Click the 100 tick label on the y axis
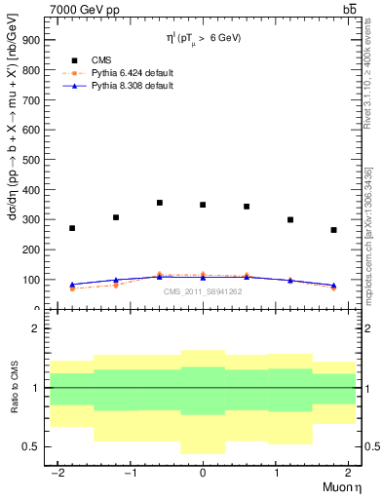pos(31,280)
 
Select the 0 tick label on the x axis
pos(202,472)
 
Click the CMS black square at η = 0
pos(203,205)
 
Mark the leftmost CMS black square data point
pos(72,228)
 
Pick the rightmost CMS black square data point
pos(333,230)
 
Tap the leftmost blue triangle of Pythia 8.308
pos(72,285)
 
